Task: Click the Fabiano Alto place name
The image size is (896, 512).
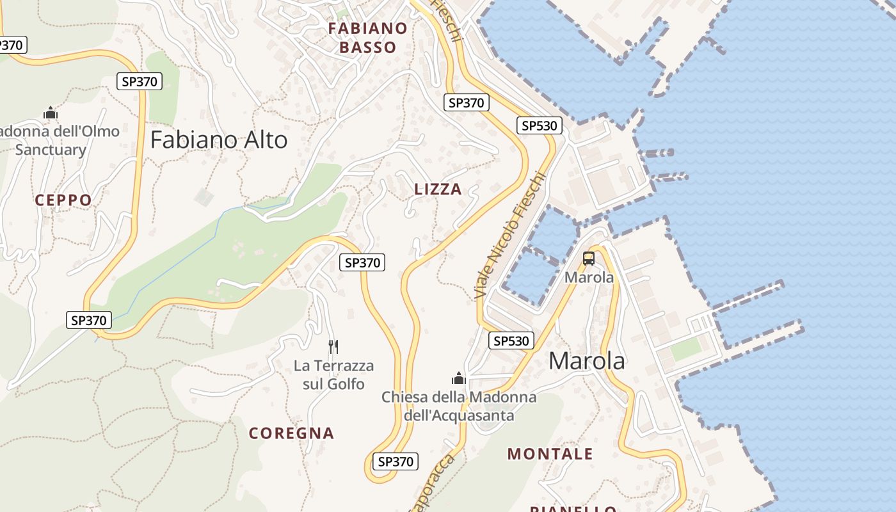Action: pyautogui.click(x=219, y=140)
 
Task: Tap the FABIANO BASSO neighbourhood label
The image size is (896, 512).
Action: pyautogui.click(x=367, y=38)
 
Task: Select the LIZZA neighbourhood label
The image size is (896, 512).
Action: pyautogui.click(x=438, y=189)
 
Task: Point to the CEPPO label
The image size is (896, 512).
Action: pyautogui.click(x=63, y=200)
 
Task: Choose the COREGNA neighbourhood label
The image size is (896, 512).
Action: pyautogui.click(x=291, y=433)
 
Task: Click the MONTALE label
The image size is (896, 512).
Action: pyautogui.click(x=550, y=454)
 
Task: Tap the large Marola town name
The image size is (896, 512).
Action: pyautogui.click(x=587, y=361)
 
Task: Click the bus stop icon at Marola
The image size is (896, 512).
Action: pyautogui.click(x=589, y=259)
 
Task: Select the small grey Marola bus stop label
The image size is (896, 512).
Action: pyautogui.click(x=589, y=277)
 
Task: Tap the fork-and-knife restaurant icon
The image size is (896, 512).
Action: pyautogui.click(x=333, y=347)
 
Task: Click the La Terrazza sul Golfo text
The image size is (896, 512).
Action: pyautogui.click(x=333, y=375)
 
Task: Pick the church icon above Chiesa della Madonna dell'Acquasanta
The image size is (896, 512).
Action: pyautogui.click(x=459, y=378)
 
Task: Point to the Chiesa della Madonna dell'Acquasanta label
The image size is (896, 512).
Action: pyautogui.click(x=459, y=406)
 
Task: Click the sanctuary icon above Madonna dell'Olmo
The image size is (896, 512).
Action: pyautogui.click(x=51, y=113)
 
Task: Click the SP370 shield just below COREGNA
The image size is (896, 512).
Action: pyautogui.click(x=396, y=461)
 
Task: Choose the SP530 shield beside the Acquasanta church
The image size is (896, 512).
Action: pyautogui.click(x=511, y=341)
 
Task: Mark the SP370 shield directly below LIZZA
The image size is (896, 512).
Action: pyautogui.click(x=363, y=262)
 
